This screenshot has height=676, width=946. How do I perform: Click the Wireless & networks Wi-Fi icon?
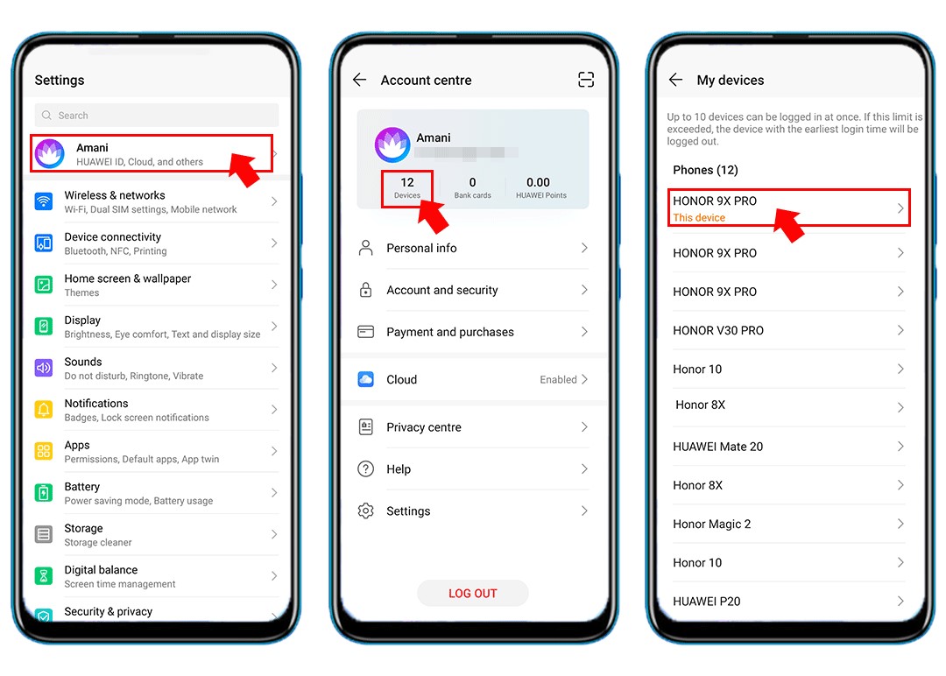click(x=44, y=201)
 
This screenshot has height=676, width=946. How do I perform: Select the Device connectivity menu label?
click(x=113, y=237)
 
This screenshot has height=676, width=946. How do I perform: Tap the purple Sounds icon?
click(x=44, y=368)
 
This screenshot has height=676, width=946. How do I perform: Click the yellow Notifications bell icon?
click(x=44, y=410)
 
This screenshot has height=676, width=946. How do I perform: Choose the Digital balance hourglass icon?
click(x=44, y=576)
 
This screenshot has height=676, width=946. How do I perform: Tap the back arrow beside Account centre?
click(x=359, y=80)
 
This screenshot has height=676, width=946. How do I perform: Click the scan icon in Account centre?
click(x=586, y=80)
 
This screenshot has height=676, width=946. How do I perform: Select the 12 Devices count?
click(x=407, y=187)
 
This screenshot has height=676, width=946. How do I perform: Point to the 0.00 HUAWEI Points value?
click(x=539, y=183)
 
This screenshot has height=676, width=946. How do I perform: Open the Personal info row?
click(x=472, y=249)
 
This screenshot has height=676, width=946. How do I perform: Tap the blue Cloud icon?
click(x=366, y=379)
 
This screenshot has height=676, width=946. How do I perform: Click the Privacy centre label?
click(x=424, y=427)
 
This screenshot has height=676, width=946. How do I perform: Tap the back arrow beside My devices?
click(x=675, y=80)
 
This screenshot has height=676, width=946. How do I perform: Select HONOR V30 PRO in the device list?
click(x=718, y=330)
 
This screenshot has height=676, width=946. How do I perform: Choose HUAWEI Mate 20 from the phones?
click(x=718, y=447)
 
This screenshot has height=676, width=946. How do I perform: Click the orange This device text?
click(x=699, y=218)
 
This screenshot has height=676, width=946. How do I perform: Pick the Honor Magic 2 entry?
click(x=712, y=524)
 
